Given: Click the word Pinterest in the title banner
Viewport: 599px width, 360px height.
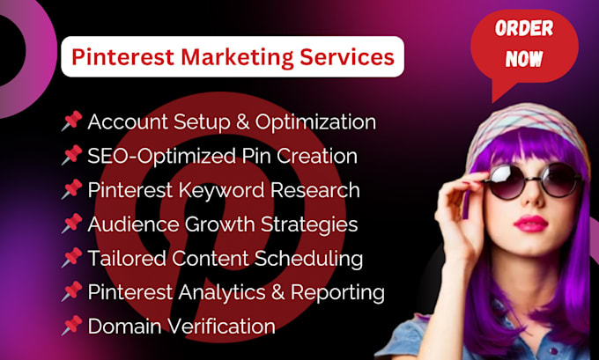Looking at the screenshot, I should (x=115, y=58).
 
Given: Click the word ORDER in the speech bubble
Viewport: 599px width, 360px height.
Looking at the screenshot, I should (x=523, y=29).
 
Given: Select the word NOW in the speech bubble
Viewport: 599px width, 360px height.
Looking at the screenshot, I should (x=523, y=61).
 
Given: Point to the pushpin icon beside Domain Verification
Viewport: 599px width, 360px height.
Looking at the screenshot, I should (x=71, y=326).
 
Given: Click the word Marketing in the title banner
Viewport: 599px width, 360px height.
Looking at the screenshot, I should (x=229, y=58).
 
